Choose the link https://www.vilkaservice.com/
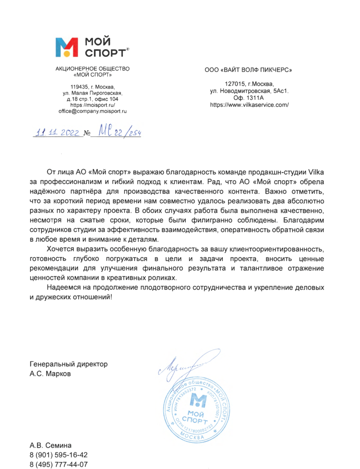(249, 105)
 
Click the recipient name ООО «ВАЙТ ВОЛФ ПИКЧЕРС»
(248, 69)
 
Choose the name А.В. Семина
(50, 446)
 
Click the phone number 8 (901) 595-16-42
(59, 455)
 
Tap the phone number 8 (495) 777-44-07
(59, 465)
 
